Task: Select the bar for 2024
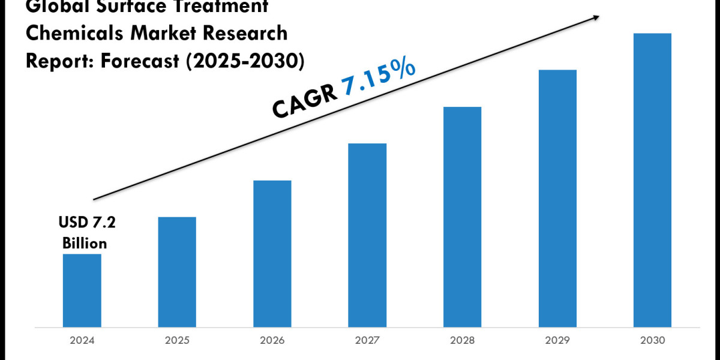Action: pos(82,290)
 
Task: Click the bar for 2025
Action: pos(177,272)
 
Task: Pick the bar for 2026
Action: pos(272,254)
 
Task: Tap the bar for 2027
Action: pos(367,235)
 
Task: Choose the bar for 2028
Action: pos(462,217)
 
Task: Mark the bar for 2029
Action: pos(557,199)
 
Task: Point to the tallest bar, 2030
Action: pos(652,180)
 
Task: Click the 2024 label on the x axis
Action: pos(82,340)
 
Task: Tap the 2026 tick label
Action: pos(272,340)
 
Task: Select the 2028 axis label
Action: pos(462,340)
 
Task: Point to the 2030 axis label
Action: pos(652,340)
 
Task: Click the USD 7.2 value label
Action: pos(87,224)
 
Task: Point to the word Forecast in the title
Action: pos(137,61)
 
